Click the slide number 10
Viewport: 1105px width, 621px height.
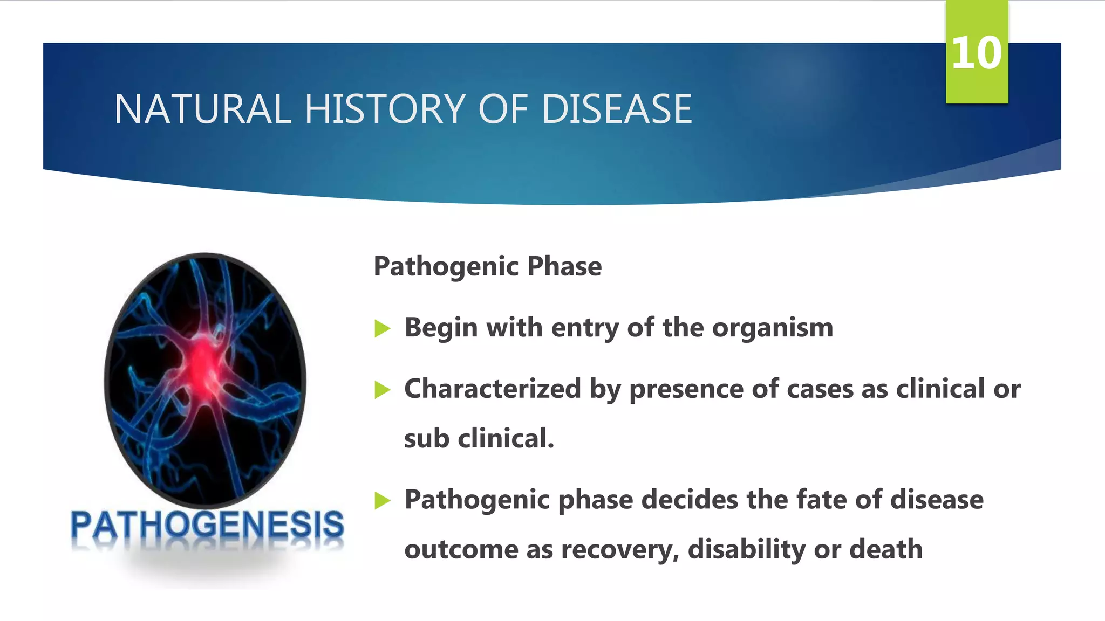[976, 53]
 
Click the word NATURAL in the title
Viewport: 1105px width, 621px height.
[202, 109]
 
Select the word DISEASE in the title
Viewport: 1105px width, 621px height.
[616, 109]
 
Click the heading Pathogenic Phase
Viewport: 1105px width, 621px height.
[487, 266]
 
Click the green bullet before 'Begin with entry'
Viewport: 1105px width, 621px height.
[382, 328]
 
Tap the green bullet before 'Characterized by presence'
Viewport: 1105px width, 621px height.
[382, 389]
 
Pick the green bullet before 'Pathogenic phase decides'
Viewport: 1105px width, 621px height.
[382, 500]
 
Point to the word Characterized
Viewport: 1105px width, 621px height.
[492, 389]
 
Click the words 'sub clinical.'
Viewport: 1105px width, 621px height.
[479, 438]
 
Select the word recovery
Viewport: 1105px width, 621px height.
[619, 549]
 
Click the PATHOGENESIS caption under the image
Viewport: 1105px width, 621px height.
[207, 525]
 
